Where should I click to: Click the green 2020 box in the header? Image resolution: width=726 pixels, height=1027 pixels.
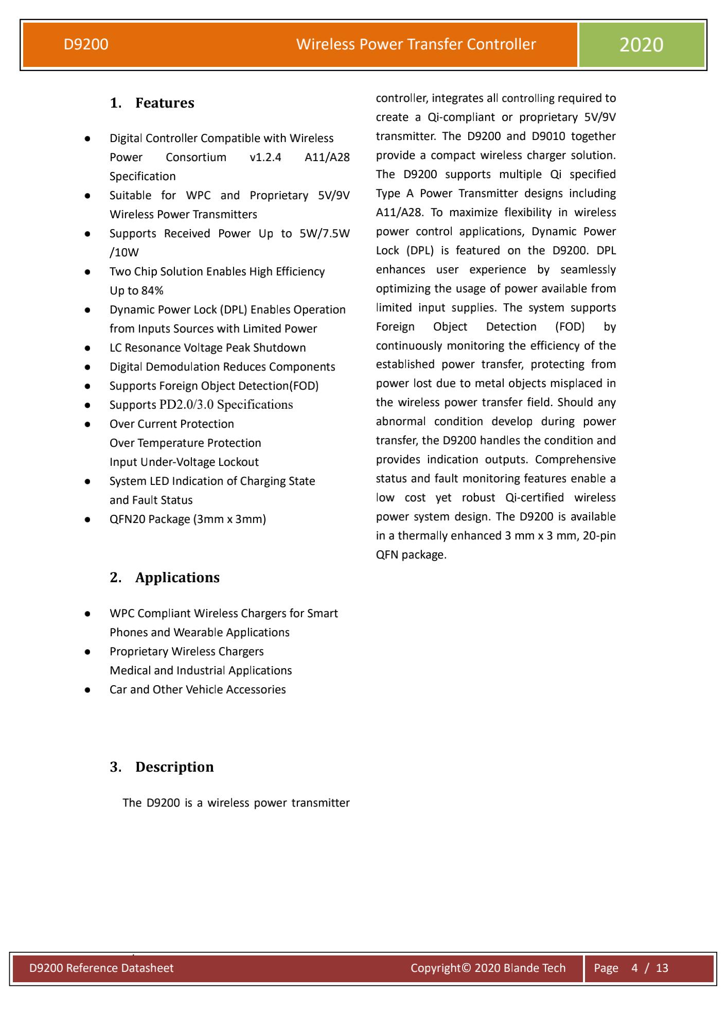click(641, 45)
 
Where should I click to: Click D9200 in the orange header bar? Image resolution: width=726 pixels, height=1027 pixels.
click(86, 45)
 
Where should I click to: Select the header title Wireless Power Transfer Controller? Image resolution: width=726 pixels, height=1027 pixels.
click(416, 45)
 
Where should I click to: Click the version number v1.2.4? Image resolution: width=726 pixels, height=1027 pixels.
click(265, 158)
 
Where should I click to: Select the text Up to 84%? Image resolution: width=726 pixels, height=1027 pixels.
click(136, 291)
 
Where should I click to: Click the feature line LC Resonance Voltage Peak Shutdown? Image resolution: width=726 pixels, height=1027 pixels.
click(207, 348)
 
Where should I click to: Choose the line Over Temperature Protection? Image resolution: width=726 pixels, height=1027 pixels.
click(185, 443)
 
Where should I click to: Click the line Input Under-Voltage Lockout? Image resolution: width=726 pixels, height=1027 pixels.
click(184, 462)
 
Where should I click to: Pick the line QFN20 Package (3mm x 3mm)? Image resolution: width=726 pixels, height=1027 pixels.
click(188, 519)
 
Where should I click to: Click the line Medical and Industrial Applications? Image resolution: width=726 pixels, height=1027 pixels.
click(201, 671)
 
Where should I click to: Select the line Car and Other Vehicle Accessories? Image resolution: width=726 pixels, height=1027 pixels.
click(198, 690)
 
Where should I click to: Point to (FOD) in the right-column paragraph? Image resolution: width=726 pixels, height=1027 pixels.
click(570, 327)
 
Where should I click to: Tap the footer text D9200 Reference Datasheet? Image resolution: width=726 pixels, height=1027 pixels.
click(101, 968)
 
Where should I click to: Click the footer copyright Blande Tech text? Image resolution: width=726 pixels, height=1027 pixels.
click(488, 968)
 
